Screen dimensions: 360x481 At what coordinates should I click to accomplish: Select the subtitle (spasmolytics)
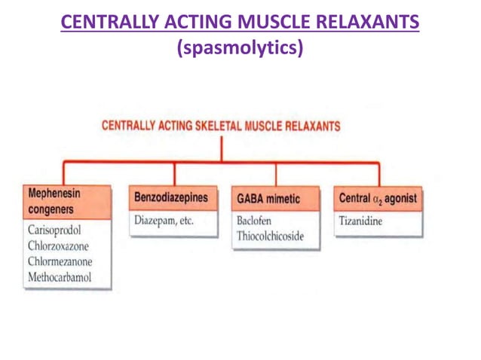[240, 48]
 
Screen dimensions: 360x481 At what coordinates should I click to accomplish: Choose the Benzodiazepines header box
[170, 199]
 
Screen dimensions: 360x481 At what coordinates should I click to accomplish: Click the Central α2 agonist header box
[376, 199]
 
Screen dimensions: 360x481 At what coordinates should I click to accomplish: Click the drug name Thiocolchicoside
[276, 237]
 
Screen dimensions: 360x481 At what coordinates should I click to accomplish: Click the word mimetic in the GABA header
[283, 199]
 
